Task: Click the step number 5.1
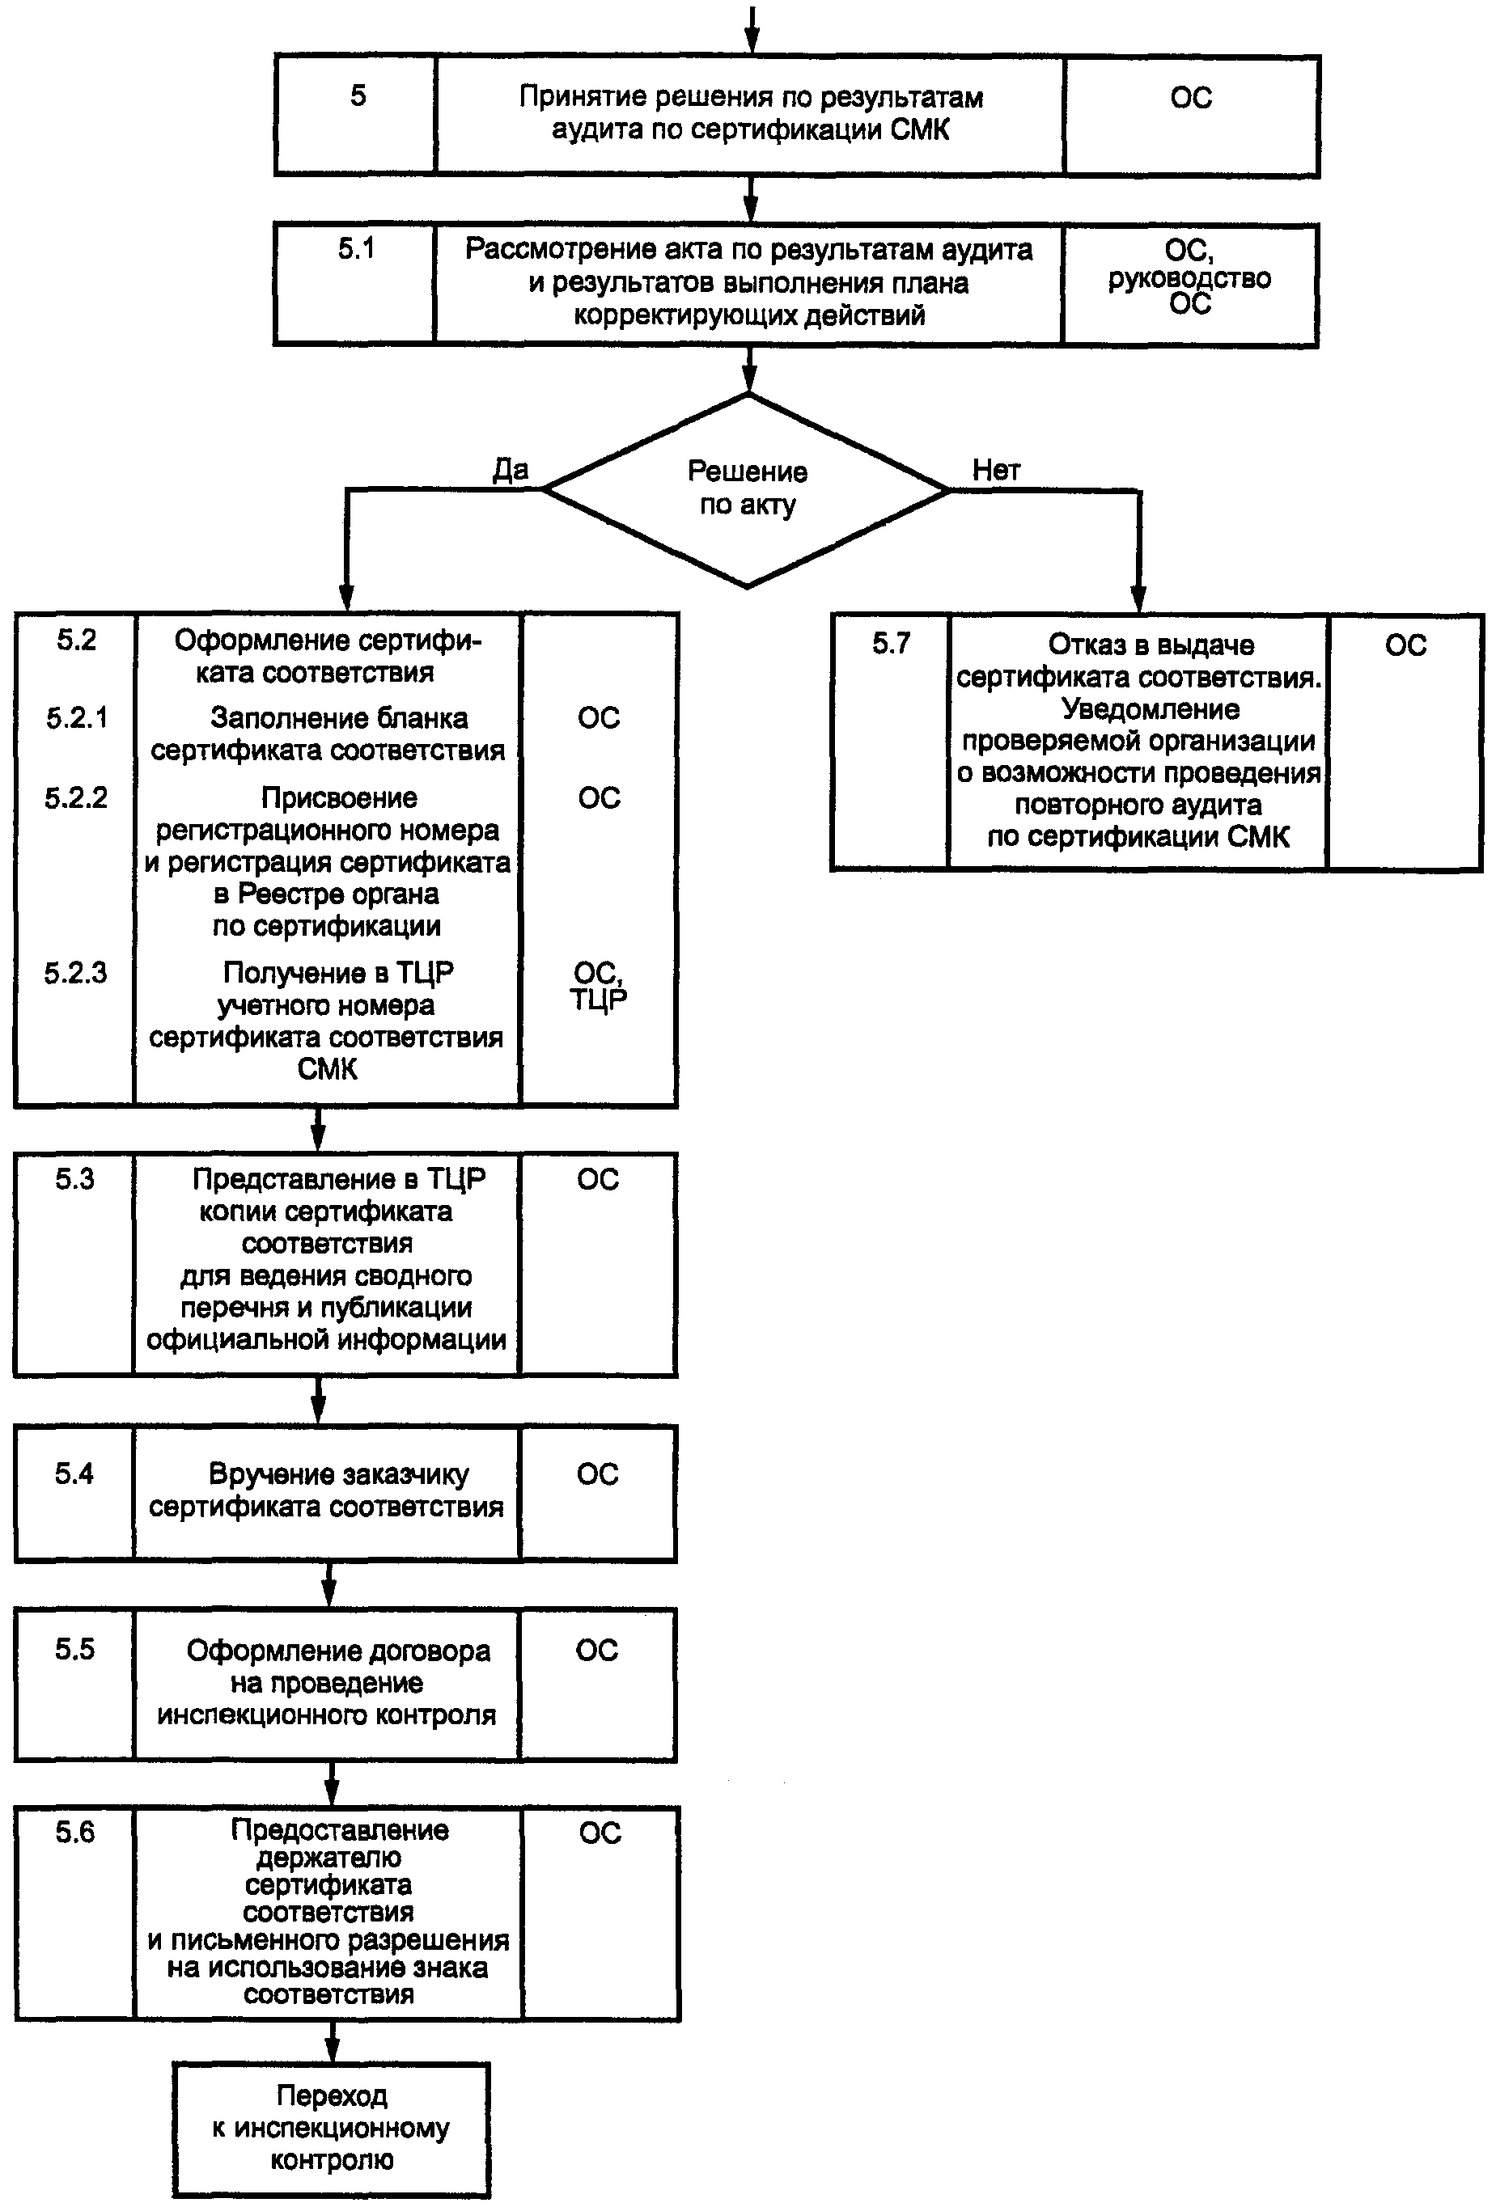click(356, 249)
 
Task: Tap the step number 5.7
click(891, 644)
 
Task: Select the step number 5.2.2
click(76, 797)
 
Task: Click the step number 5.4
click(74, 1473)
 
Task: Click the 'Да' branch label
click(510, 469)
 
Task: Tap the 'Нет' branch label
click(995, 469)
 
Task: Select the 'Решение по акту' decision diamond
click(748, 489)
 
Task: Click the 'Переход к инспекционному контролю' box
click(332, 2129)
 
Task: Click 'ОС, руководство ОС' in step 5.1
click(1189, 277)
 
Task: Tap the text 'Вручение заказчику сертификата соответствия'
click(327, 1490)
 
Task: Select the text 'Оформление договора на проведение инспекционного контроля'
click(327, 1682)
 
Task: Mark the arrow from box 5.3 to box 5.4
click(318, 1400)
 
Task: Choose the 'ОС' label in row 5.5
click(596, 1651)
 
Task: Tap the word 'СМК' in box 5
click(919, 129)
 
